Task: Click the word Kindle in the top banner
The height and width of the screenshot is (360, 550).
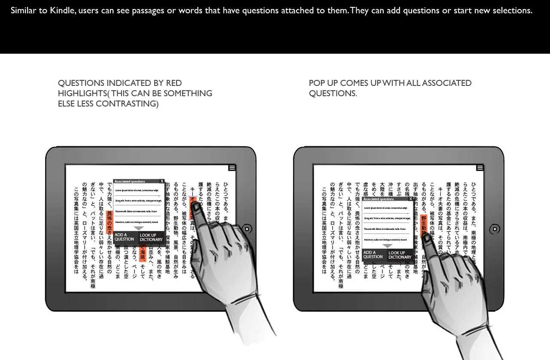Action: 62,10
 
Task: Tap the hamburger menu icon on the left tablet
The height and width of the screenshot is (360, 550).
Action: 232,168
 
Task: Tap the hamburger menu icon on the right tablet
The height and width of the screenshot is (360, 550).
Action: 480,168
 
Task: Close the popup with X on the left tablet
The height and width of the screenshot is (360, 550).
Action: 162,181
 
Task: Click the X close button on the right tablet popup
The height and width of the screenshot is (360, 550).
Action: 411,199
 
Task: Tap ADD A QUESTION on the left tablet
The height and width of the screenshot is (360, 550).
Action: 124,237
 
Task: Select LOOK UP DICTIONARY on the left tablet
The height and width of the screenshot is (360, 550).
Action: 151,238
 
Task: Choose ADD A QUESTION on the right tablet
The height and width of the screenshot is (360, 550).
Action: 373,255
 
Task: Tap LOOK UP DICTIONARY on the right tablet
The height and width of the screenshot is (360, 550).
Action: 400,255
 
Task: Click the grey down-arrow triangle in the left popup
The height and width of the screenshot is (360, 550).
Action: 138,228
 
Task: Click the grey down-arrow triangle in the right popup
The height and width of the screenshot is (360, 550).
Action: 387,246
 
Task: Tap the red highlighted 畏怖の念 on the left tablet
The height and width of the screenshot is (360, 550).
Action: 109,222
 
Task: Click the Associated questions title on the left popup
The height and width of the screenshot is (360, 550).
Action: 130,181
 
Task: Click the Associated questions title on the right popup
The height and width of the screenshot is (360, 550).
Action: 379,199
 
